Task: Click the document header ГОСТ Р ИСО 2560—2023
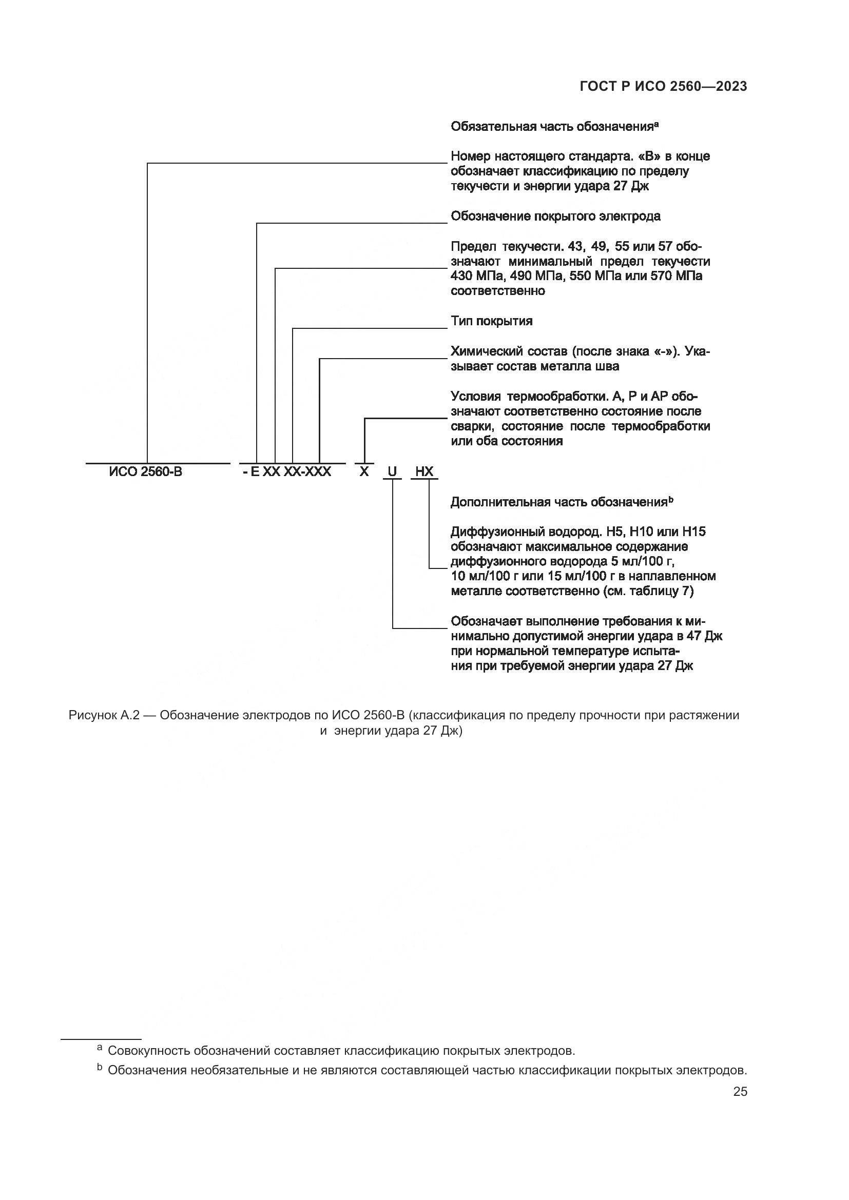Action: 663,87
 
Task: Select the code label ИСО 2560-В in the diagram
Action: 146,472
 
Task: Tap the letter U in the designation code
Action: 392,472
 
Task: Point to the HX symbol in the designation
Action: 424,472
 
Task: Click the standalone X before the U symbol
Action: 364,472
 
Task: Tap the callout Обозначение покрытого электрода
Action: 555,217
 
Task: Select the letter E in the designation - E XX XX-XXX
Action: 255,472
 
